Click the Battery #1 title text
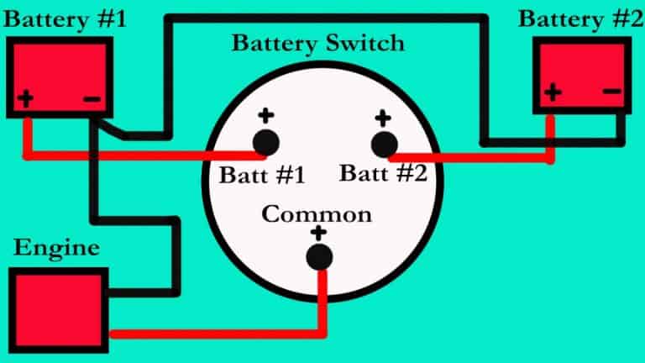coord(65,19)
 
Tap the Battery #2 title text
coord(581,19)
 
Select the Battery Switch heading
coord(318,44)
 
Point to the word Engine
coord(56,248)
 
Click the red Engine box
coord(59,310)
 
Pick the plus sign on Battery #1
coord(25,99)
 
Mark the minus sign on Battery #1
coord(92,99)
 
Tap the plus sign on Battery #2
coord(553,92)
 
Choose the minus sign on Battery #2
coord(612,91)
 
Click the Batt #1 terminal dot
coord(266,143)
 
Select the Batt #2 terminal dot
coord(384,145)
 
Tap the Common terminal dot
coord(319,257)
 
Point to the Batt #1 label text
coord(262,176)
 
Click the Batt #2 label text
coord(383,173)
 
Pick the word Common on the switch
coord(317,214)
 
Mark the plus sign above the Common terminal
coord(318,234)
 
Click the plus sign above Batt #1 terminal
coord(266,116)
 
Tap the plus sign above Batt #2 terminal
coord(383,118)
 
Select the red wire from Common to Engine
coord(322,329)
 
